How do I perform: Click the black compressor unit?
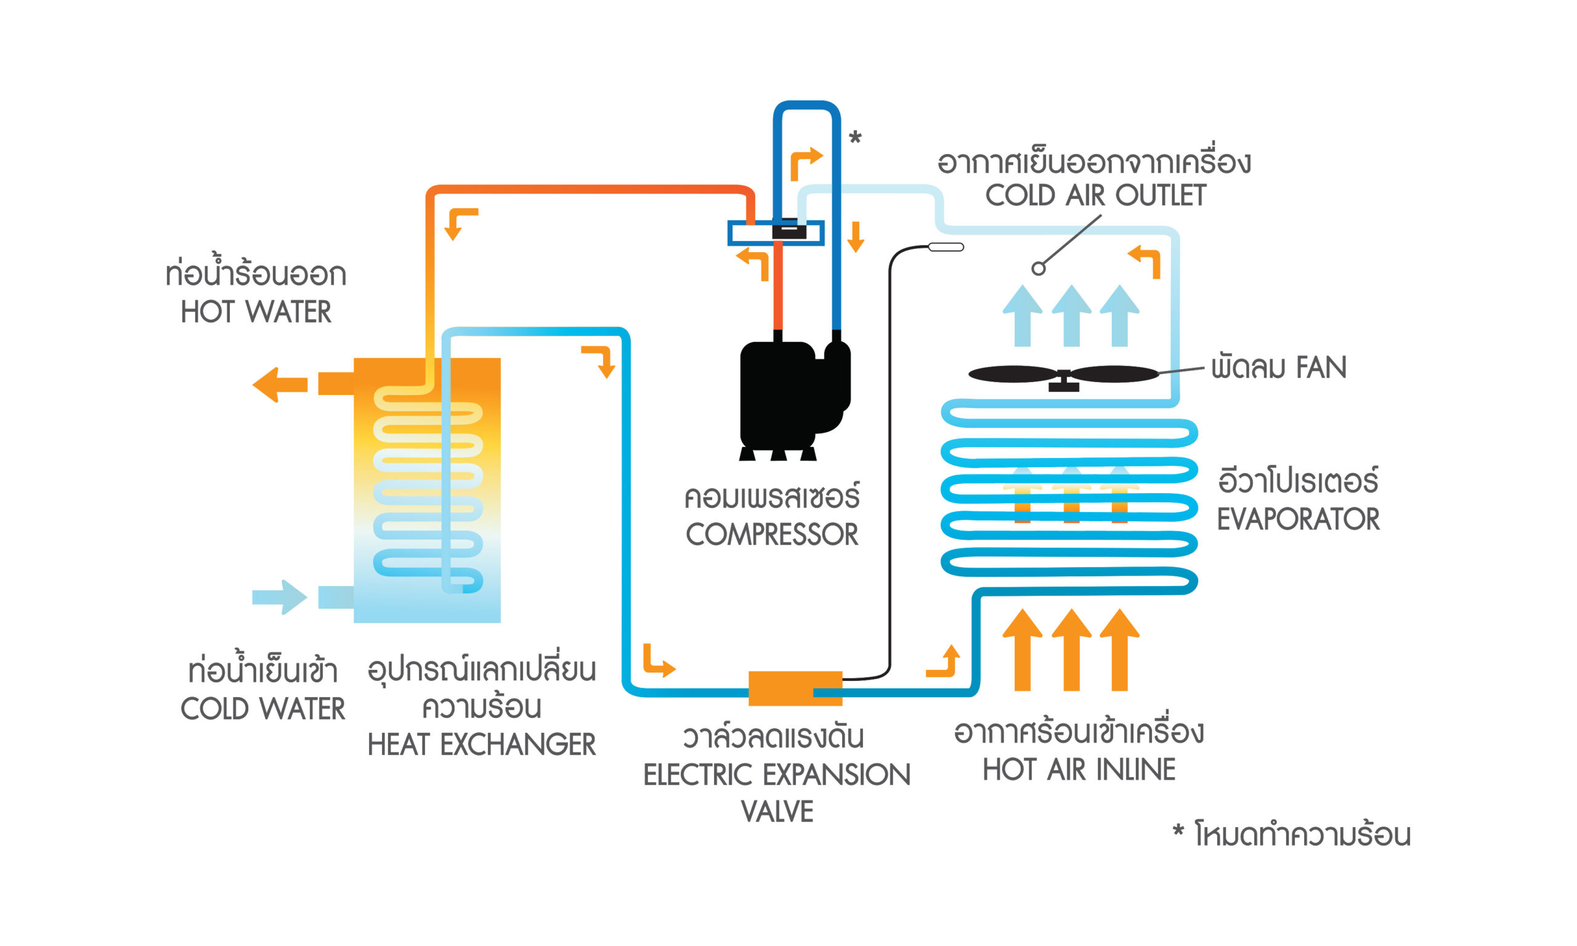790,395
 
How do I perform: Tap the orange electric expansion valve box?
795,688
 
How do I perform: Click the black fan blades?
1063,374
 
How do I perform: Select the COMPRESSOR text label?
772,534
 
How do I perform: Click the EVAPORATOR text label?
1298,519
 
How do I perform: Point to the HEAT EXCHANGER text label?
481,744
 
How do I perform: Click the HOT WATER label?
256,312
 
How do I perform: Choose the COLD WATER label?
262,709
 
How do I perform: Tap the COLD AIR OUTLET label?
1095,195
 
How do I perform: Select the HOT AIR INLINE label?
1079,769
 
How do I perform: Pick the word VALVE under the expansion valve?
777,812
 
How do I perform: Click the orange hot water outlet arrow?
280,385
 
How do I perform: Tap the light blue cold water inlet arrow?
280,597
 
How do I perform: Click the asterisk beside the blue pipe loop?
855,137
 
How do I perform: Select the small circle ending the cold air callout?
1038,268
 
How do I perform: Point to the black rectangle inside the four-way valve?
789,230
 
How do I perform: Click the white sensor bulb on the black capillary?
946,247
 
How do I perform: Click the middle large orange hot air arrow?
1071,650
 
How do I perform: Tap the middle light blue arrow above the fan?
1071,316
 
